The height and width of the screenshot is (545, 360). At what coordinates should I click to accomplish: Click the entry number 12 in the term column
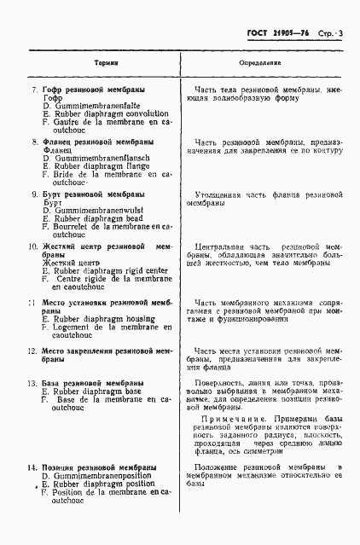pos(31,351)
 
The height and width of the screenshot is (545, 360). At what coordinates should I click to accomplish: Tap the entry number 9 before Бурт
pos(33,194)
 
